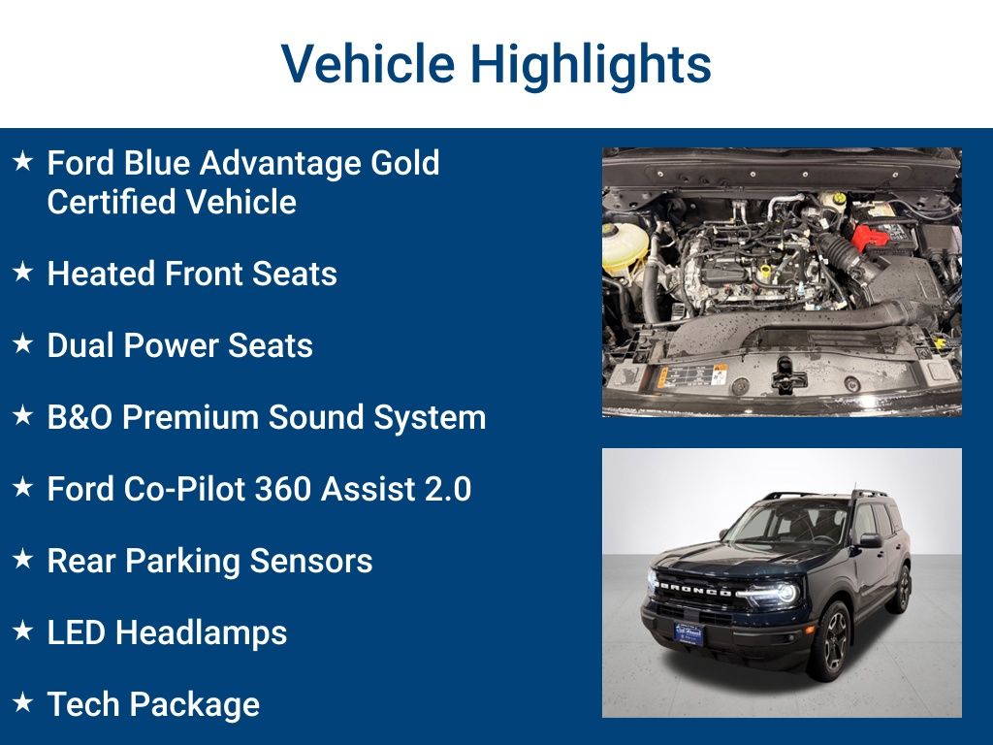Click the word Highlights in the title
coord(591,65)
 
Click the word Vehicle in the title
coord(368,65)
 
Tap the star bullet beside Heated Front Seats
coord(22,274)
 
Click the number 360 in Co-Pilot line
coord(282,489)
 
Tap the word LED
coord(77,632)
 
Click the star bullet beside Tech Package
coord(22,704)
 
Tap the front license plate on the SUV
coord(689,632)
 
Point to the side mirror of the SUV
coord(870,540)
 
